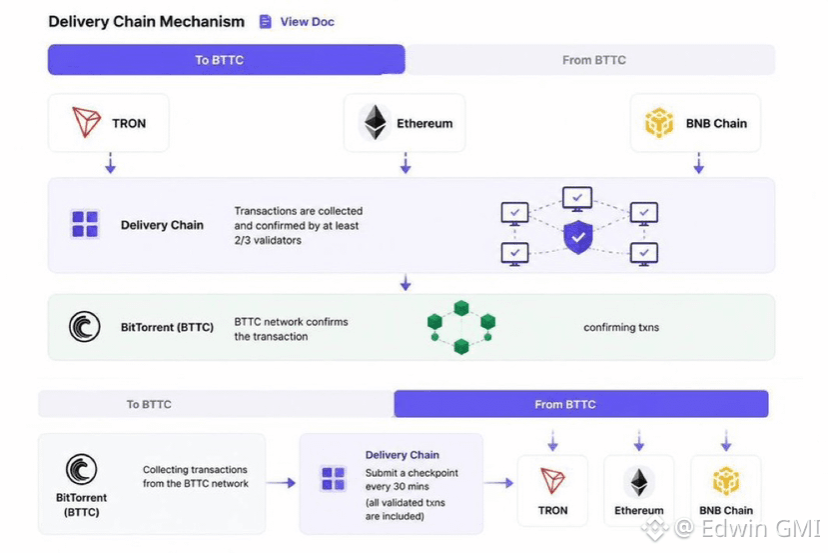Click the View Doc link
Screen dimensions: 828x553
pyautogui.click(x=297, y=22)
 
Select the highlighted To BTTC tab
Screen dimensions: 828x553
pyautogui.click(x=226, y=60)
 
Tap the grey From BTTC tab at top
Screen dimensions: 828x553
pyautogui.click(x=590, y=60)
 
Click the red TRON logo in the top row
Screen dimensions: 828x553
pyautogui.click(x=86, y=122)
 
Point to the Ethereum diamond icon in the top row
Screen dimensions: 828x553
pyautogui.click(x=375, y=123)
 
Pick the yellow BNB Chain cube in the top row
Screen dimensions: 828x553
pyautogui.click(x=659, y=123)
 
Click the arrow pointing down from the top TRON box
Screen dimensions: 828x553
pyautogui.click(x=110, y=163)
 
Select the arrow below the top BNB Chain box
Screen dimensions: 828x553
pyautogui.click(x=698, y=163)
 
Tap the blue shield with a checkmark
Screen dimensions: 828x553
pyautogui.click(x=578, y=237)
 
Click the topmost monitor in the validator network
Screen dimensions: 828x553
pyautogui.click(x=577, y=199)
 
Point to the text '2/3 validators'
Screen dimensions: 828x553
pyautogui.click(x=268, y=240)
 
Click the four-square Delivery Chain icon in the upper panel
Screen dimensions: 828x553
pyautogui.click(x=85, y=224)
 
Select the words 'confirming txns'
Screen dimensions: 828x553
pyautogui.click(x=621, y=327)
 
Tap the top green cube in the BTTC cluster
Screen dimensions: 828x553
pyautogui.click(x=461, y=308)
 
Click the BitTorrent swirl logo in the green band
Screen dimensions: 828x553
pyautogui.click(x=85, y=327)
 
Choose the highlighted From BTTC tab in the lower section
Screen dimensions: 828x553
pyautogui.click(x=581, y=404)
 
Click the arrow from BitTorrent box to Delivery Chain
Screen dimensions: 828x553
pyautogui.click(x=281, y=483)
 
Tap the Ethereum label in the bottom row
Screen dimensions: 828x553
pyautogui.click(x=639, y=510)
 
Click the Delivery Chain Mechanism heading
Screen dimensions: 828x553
pyautogui.click(x=146, y=22)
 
